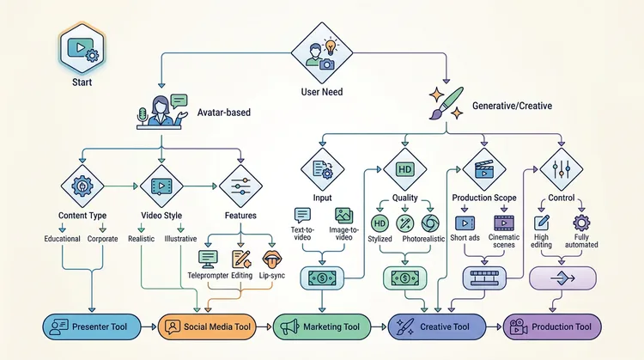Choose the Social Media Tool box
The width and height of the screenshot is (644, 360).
click(x=207, y=326)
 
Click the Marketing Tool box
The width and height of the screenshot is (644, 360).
click(x=322, y=326)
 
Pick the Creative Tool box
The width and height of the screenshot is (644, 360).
click(x=436, y=326)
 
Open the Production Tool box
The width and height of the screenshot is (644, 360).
click(x=551, y=326)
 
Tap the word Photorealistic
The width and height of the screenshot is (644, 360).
click(x=428, y=239)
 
